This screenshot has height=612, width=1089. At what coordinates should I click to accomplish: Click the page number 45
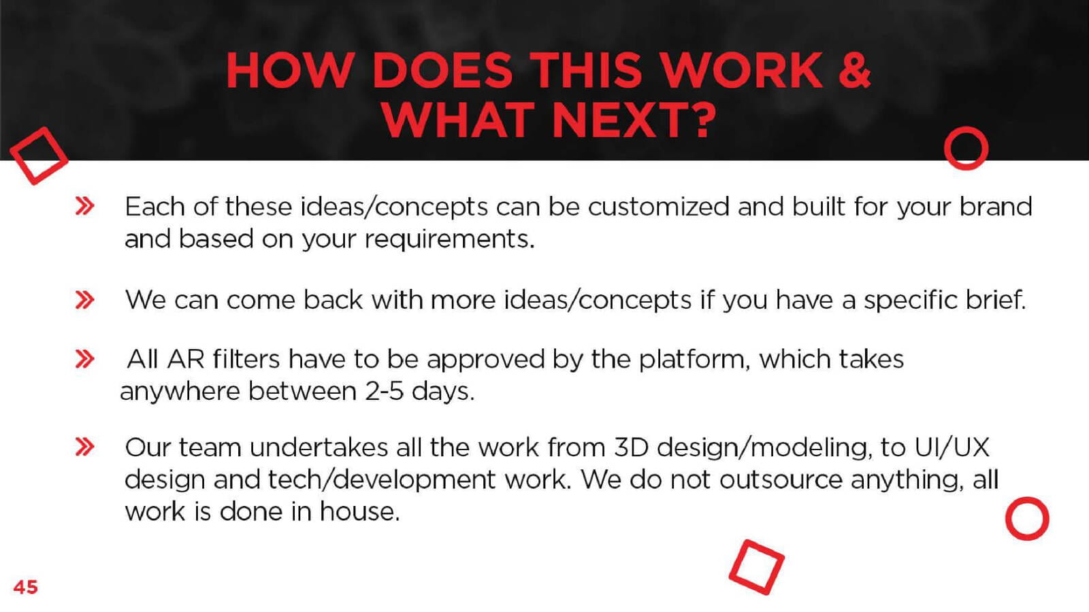click(25, 587)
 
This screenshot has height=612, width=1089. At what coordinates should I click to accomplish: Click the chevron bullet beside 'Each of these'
click(84, 207)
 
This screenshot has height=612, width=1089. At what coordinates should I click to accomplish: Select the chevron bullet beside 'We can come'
click(84, 300)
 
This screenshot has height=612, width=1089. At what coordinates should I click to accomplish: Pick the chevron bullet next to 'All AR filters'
click(84, 360)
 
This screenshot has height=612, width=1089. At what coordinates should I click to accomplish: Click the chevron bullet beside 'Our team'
click(84, 447)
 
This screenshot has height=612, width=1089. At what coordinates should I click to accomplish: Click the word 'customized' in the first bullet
click(658, 207)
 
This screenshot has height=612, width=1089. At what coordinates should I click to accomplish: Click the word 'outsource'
click(781, 480)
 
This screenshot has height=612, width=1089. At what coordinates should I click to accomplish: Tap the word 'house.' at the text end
click(360, 511)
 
